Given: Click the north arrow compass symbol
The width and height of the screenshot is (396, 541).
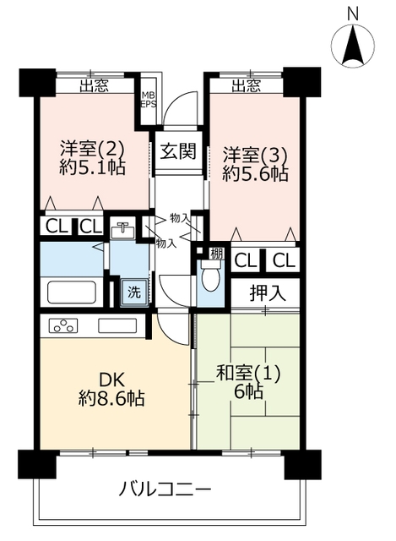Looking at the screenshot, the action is [x=353, y=45].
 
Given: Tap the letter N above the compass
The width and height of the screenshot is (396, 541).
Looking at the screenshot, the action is [x=353, y=14].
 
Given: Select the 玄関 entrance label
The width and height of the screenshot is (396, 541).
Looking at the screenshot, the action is [x=178, y=150].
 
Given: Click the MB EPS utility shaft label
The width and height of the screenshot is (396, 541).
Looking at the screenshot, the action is [x=149, y=100].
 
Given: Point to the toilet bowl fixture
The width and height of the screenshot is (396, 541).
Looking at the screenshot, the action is [x=210, y=276].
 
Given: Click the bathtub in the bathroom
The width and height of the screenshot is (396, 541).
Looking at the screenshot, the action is [x=71, y=292].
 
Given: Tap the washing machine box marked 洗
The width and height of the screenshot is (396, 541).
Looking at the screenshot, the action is [x=135, y=292].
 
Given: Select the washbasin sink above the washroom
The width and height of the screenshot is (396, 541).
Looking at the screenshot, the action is [x=122, y=229].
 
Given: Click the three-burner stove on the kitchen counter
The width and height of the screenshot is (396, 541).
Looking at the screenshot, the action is [x=63, y=325].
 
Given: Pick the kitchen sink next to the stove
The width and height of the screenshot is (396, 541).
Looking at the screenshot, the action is [x=117, y=325].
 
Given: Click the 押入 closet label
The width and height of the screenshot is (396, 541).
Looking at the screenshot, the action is [x=268, y=293].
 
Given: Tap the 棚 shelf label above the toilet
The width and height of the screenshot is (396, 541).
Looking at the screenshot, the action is [x=217, y=254].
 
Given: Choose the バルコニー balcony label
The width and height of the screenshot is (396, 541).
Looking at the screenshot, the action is [x=165, y=489].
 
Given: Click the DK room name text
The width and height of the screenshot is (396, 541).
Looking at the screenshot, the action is [x=112, y=380].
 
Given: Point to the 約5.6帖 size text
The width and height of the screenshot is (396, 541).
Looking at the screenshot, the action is [x=255, y=174].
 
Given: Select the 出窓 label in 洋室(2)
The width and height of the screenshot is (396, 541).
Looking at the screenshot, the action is [x=94, y=85].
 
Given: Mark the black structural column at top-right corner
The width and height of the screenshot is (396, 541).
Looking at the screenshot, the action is [x=302, y=82].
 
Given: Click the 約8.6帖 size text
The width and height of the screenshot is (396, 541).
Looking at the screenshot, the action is [x=111, y=398].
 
